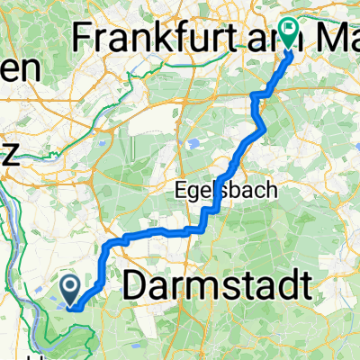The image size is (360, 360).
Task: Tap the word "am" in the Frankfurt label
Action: pos(256,37)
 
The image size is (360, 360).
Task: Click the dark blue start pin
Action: pos(71,289)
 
